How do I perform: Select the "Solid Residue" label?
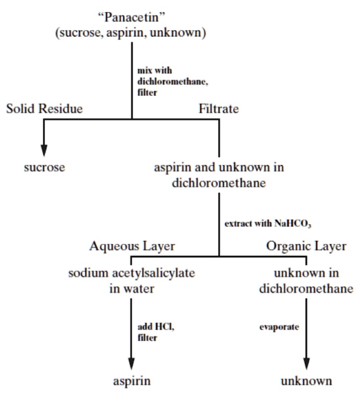(45, 109)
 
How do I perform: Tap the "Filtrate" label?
(219, 109)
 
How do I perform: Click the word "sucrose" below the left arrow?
(44, 167)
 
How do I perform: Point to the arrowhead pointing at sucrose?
(44, 150)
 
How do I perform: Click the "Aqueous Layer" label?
(132, 246)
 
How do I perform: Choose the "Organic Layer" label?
(306, 246)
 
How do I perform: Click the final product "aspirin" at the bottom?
(132, 381)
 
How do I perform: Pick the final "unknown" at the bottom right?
(306, 381)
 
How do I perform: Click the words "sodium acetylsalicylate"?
(132, 273)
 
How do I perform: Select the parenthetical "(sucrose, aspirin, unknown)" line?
(132, 33)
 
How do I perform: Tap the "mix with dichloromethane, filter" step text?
(172, 82)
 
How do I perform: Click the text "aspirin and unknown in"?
(219, 167)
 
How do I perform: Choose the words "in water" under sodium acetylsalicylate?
(132, 289)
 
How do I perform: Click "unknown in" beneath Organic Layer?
(306, 273)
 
